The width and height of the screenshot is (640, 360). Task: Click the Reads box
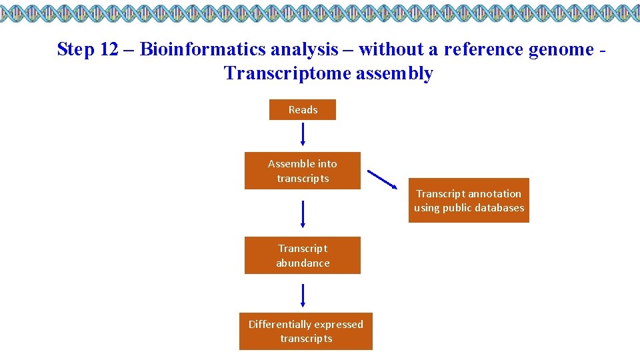point(303,110)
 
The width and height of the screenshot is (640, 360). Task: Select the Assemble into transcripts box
point(303,171)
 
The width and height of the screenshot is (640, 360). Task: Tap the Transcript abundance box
point(303,255)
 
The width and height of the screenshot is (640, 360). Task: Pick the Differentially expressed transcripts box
point(306,331)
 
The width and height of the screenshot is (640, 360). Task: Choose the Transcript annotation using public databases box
point(469,201)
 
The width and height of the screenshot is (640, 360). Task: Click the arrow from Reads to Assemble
point(303,134)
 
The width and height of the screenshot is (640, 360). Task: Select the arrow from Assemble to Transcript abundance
point(303,213)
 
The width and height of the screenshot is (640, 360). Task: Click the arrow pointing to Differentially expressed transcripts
point(303,295)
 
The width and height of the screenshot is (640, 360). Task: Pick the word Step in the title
point(73,49)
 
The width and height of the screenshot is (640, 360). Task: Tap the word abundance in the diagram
point(303,263)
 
